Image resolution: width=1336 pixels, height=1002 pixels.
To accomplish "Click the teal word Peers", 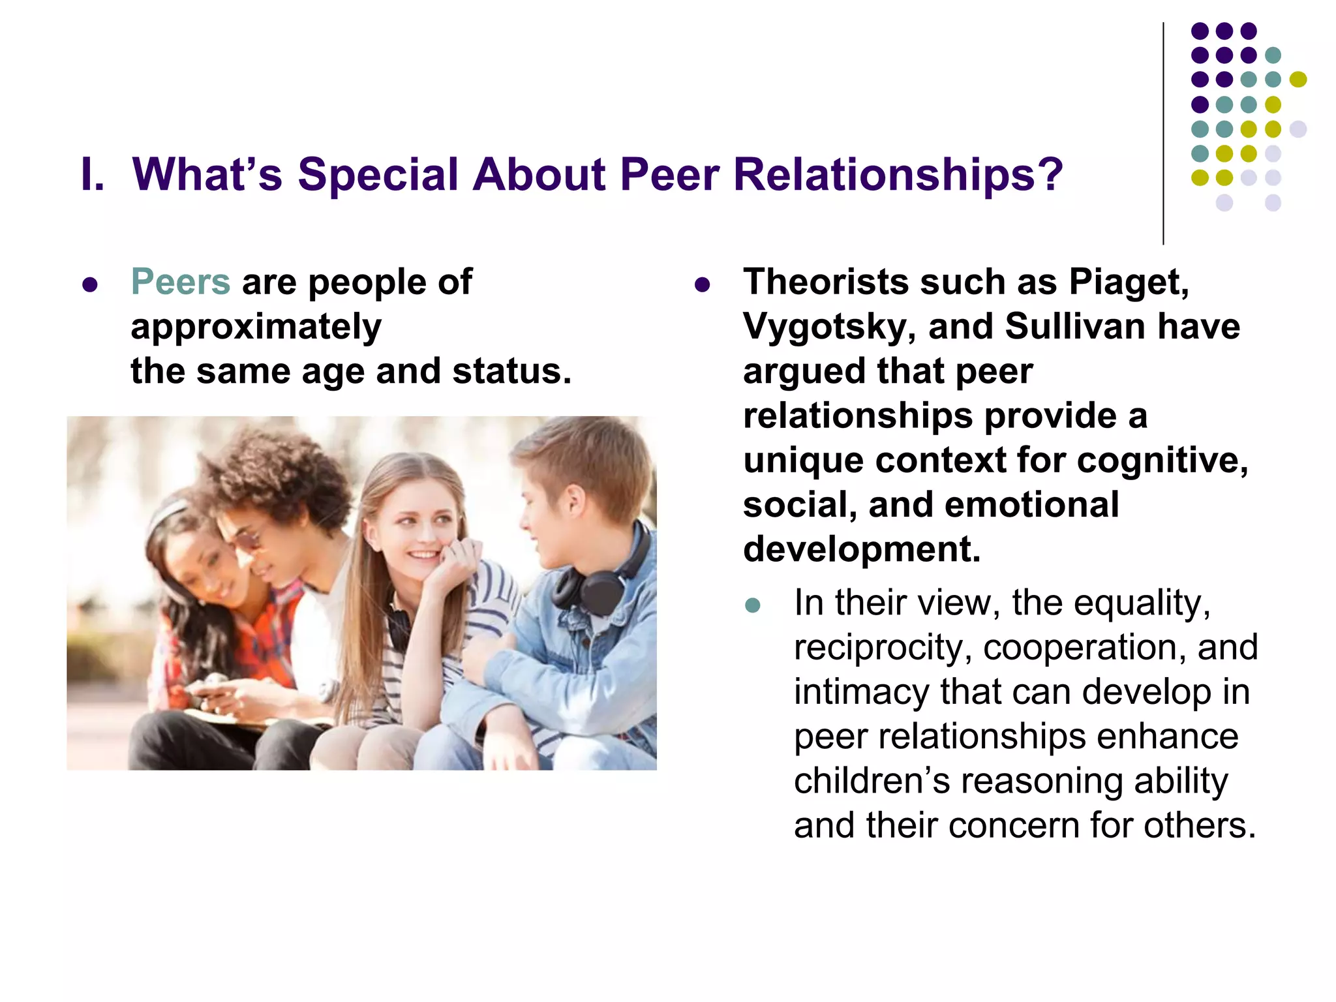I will (x=181, y=282).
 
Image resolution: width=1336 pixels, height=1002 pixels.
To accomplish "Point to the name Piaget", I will (x=1128, y=282).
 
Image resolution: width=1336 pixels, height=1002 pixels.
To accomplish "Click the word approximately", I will (x=256, y=327).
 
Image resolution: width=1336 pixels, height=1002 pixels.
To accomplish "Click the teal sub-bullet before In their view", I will (x=753, y=605).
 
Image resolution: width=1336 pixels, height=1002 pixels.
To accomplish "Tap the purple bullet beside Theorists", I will (x=702, y=284).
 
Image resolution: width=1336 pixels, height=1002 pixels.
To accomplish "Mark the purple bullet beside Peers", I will (x=90, y=284).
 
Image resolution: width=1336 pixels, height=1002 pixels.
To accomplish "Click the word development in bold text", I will (x=861, y=549).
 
